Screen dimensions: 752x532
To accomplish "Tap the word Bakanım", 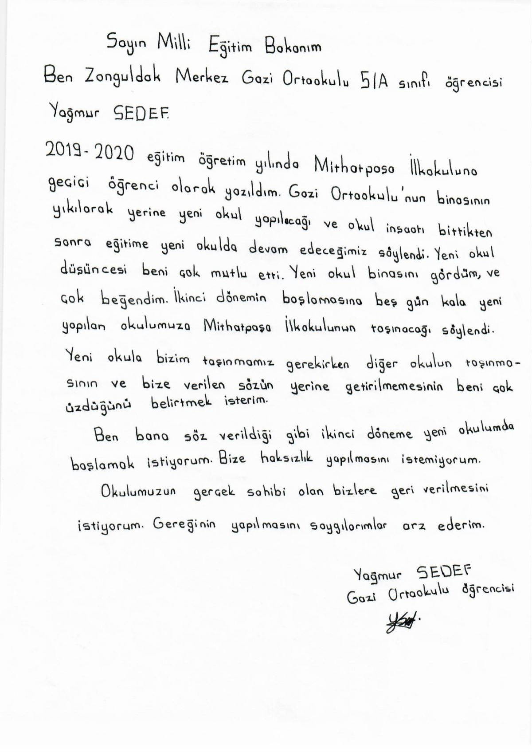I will point(293,47).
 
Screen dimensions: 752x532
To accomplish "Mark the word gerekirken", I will point(318,364).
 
